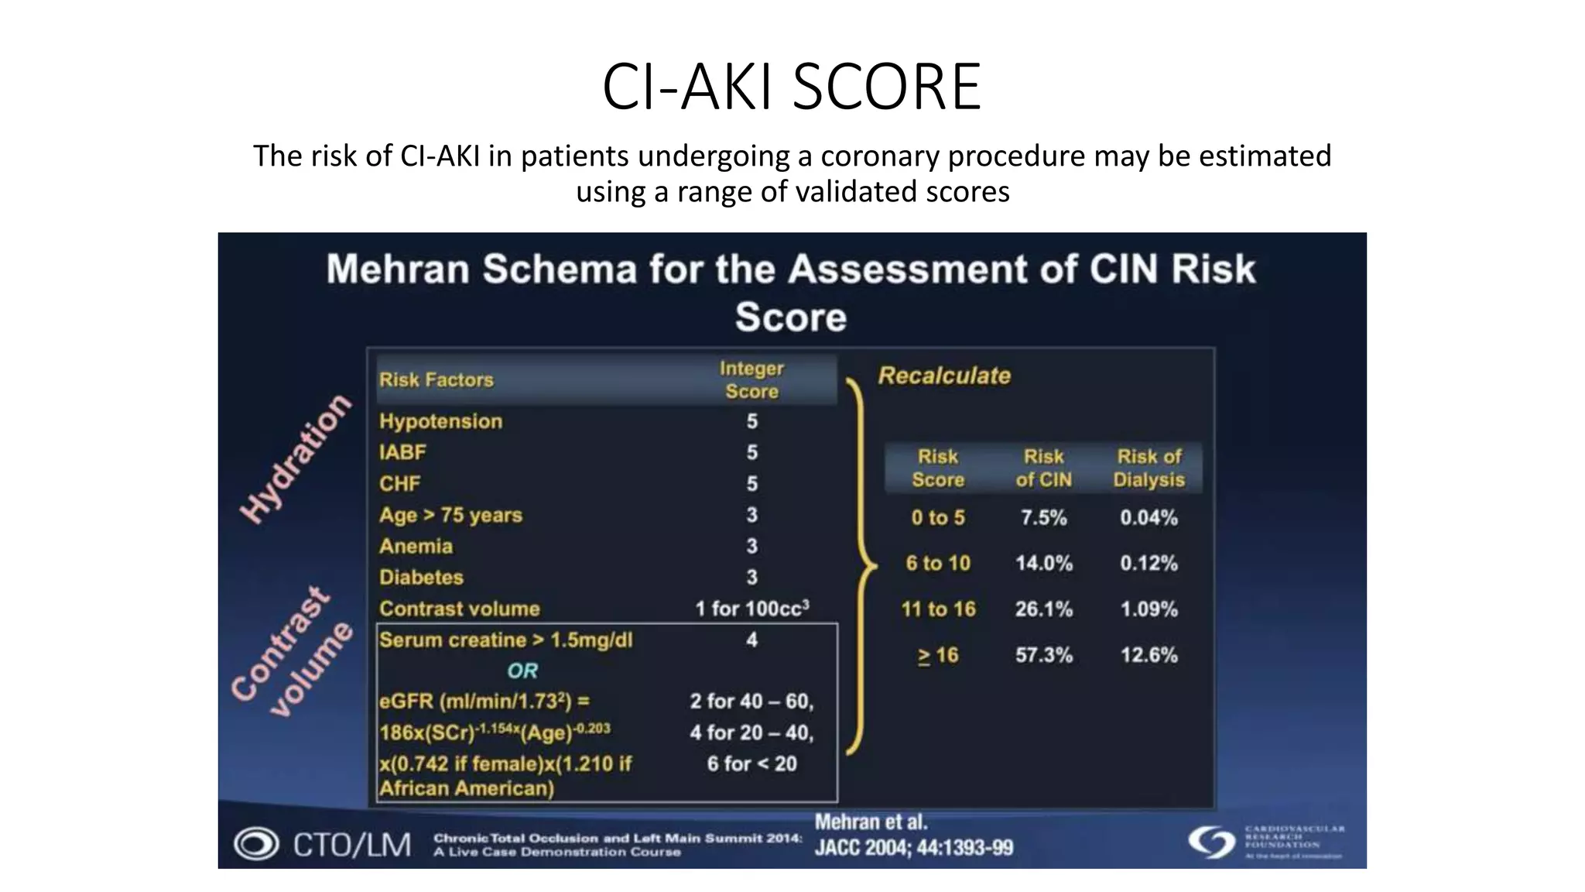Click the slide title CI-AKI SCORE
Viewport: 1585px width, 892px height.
[x=791, y=87]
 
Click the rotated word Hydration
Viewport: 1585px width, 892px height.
[x=295, y=458]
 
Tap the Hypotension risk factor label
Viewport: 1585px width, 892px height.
[x=440, y=421]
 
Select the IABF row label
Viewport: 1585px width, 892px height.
[x=402, y=452]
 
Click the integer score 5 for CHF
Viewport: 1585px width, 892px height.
[x=751, y=484]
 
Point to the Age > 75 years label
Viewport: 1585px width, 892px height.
[x=450, y=515]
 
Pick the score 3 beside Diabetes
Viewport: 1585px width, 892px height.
[x=751, y=577]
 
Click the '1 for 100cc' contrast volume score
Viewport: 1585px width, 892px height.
[x=751, y=609]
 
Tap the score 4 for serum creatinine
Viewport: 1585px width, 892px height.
[x=751, y=640]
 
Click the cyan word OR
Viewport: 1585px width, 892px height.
[x=522, y=671]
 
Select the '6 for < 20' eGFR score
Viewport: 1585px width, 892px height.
[x=751, y=764]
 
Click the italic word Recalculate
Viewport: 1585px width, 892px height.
[x=944, y=376]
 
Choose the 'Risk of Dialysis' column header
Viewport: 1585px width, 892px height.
[x=1149, y=468]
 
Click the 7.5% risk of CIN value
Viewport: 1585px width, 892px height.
[x=1043, y=517]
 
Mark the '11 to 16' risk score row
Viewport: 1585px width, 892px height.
[x=938, y=609]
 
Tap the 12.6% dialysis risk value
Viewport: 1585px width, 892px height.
[x=1149, y=655]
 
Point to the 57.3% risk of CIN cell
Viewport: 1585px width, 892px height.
[x=1043, y=655]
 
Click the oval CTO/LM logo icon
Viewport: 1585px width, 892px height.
[x=256, y=844]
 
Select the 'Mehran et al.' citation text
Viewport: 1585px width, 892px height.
[x=871, y=822]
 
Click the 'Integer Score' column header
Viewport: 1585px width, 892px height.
[x=751, y=379]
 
